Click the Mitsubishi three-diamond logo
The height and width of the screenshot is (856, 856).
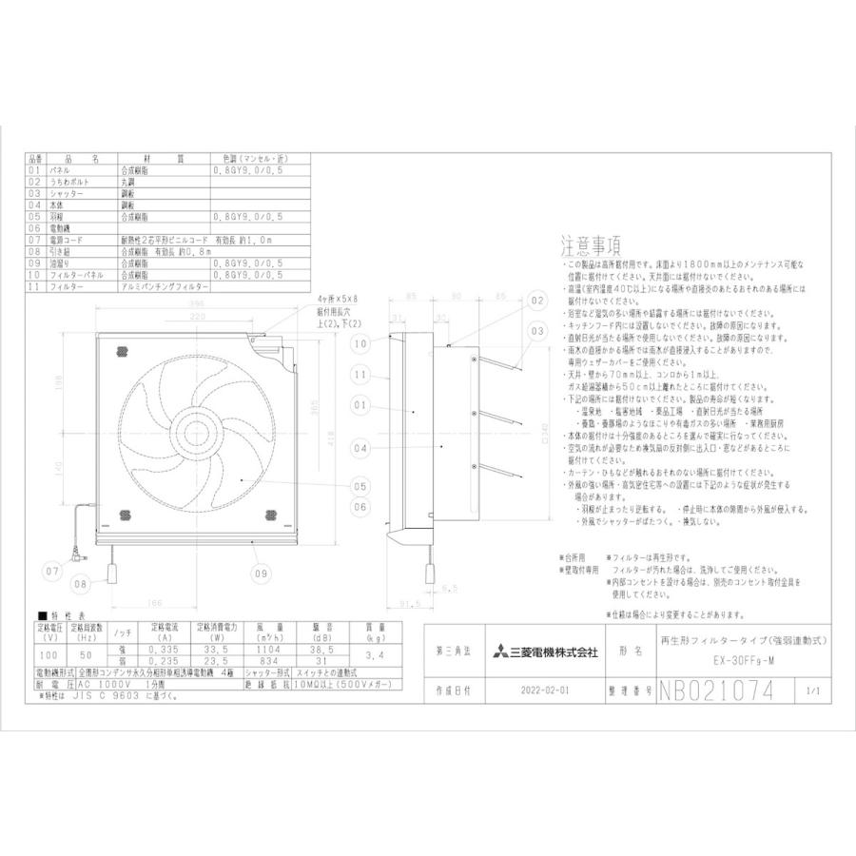(499, 652)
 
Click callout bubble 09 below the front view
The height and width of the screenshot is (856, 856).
(259, 573)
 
